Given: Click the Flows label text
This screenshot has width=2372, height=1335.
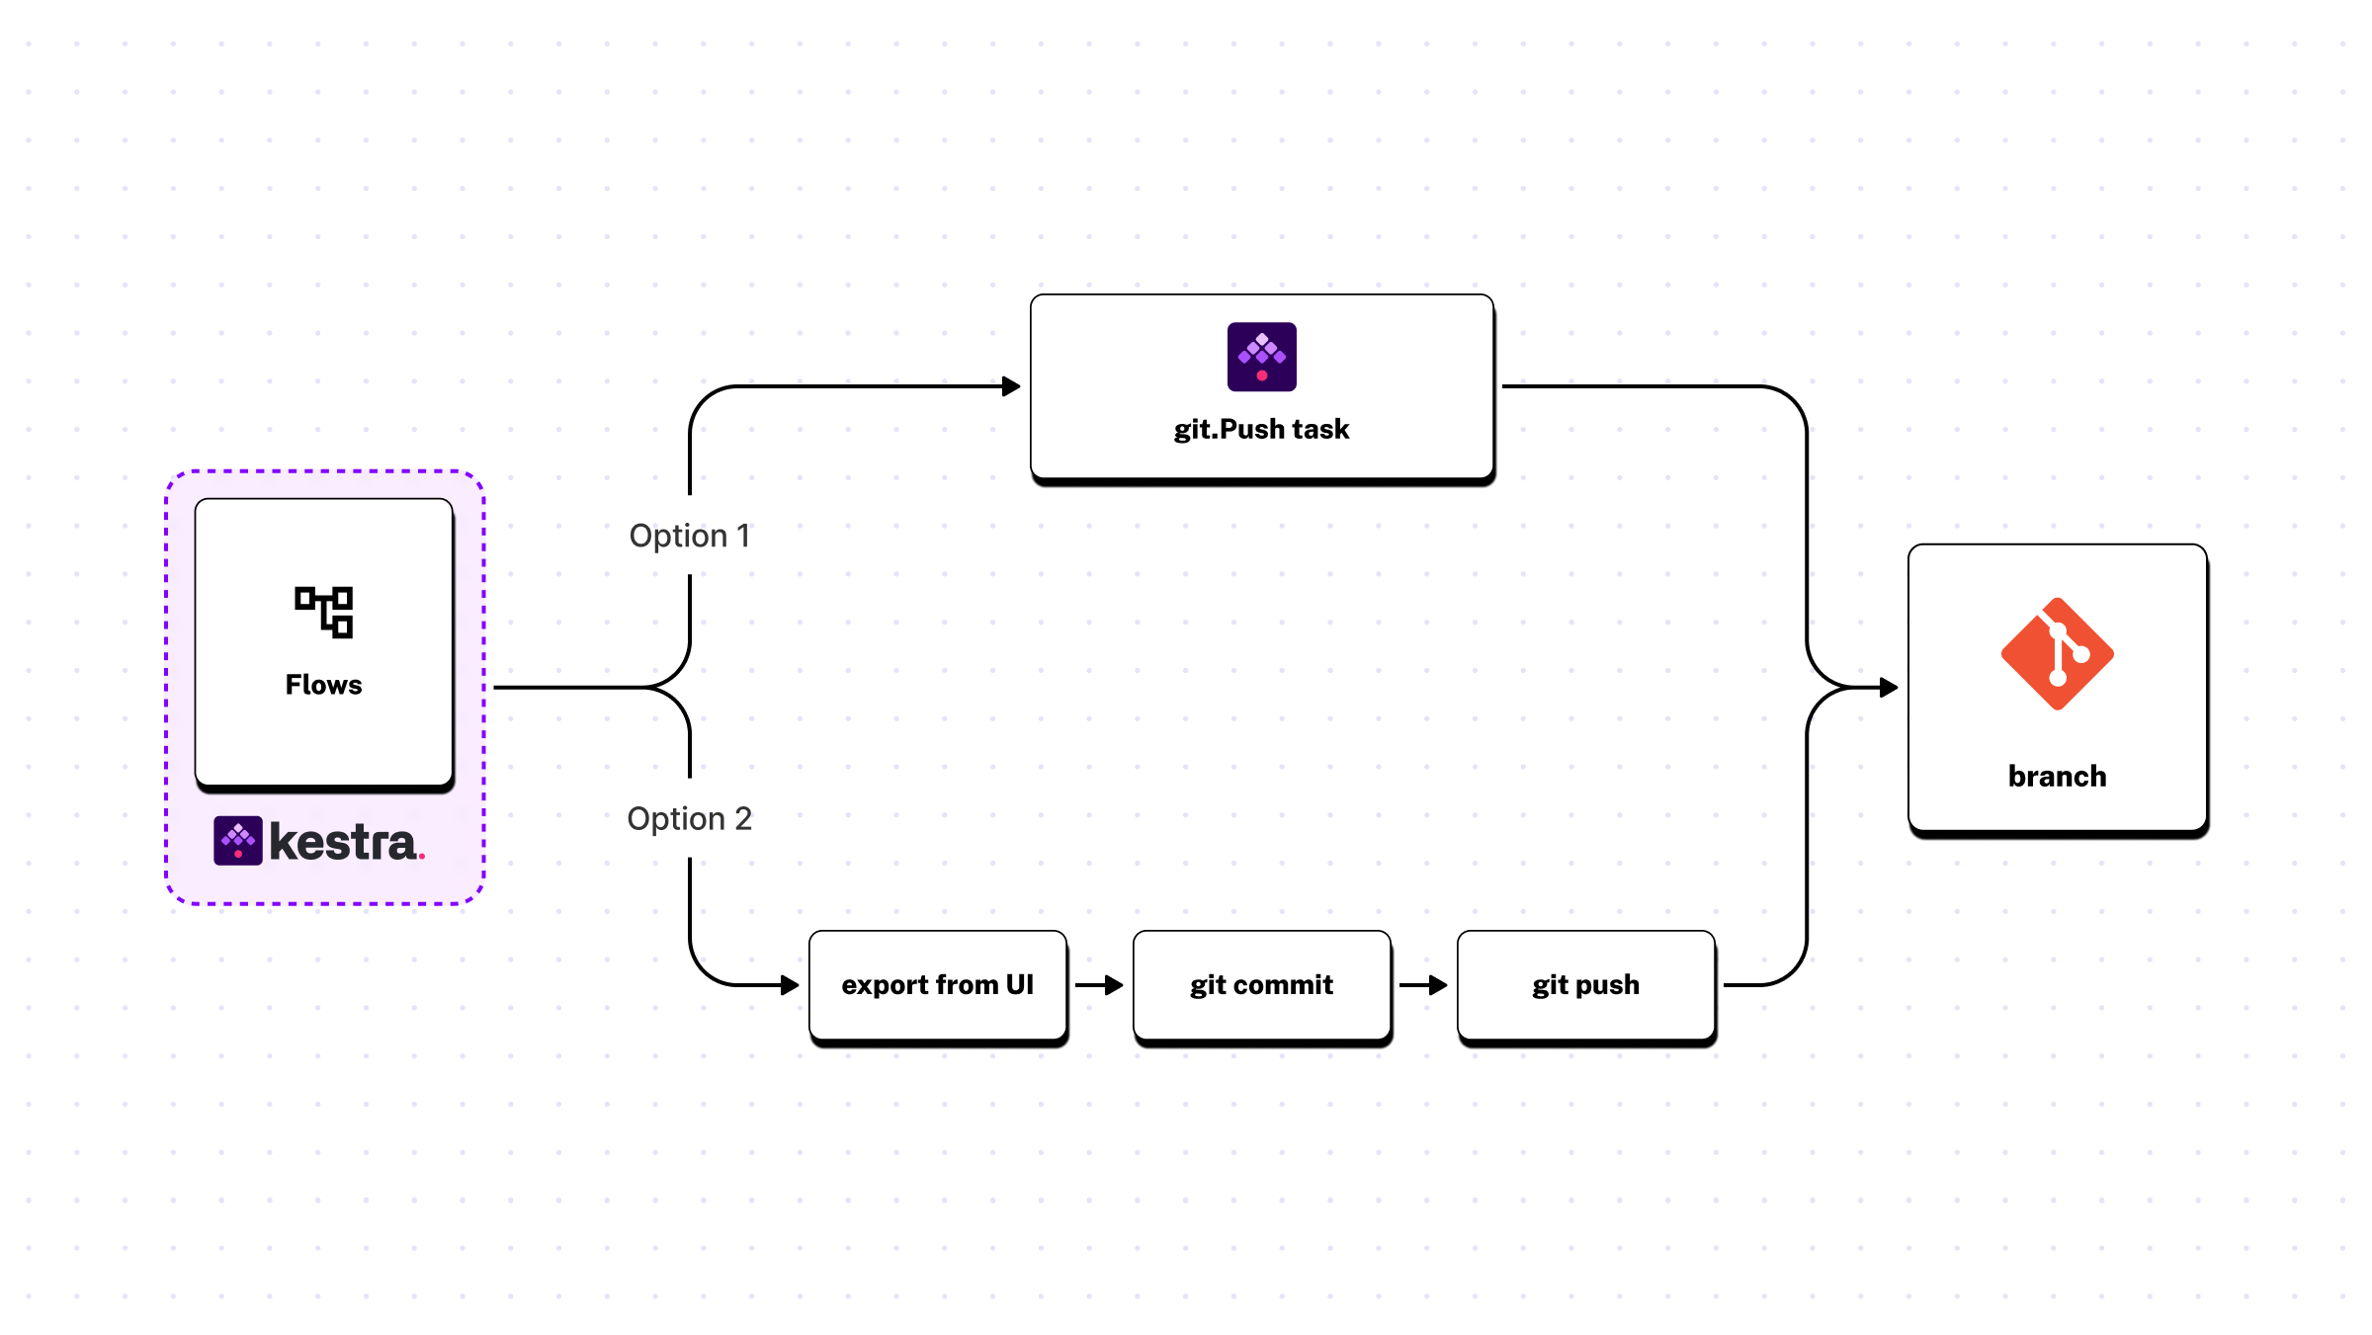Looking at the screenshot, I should click(323, 685).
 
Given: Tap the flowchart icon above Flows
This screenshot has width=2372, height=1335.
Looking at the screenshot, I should click(324, 612).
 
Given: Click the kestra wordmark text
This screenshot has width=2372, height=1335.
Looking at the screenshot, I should click(342, 842).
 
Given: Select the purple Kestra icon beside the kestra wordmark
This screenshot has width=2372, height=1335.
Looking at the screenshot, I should click(238, 841).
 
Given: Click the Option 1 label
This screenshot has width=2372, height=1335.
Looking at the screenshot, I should click(690, 536).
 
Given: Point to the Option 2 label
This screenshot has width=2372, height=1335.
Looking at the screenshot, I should click(690, 818).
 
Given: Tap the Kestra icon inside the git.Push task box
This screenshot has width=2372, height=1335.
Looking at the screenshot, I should click(1261, 356).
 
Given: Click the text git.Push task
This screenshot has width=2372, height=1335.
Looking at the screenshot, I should click(1261, 429).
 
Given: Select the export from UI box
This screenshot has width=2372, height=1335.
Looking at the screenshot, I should click(937, 985).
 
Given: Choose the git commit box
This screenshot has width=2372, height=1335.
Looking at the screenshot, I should click(1261, 985).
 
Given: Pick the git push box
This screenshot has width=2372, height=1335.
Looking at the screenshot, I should click(1585, 985).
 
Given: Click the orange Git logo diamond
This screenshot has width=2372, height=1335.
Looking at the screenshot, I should click(2057, 654).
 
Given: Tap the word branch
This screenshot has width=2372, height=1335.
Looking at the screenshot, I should click(2057, 777).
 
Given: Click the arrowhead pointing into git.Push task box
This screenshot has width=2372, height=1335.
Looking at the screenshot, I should click(1010, 386).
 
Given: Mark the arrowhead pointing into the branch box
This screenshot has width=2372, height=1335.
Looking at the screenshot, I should click(1888, 687).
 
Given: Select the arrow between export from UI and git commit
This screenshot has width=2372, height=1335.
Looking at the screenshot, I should click(1099, 985).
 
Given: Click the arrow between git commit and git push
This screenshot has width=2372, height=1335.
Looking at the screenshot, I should click(1423, 985).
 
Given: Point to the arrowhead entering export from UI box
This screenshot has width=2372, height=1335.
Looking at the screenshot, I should click(789, 985).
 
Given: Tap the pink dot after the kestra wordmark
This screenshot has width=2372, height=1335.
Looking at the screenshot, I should click(422, 857).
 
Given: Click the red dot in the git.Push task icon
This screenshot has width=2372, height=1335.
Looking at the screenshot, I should click(1261, 375).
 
